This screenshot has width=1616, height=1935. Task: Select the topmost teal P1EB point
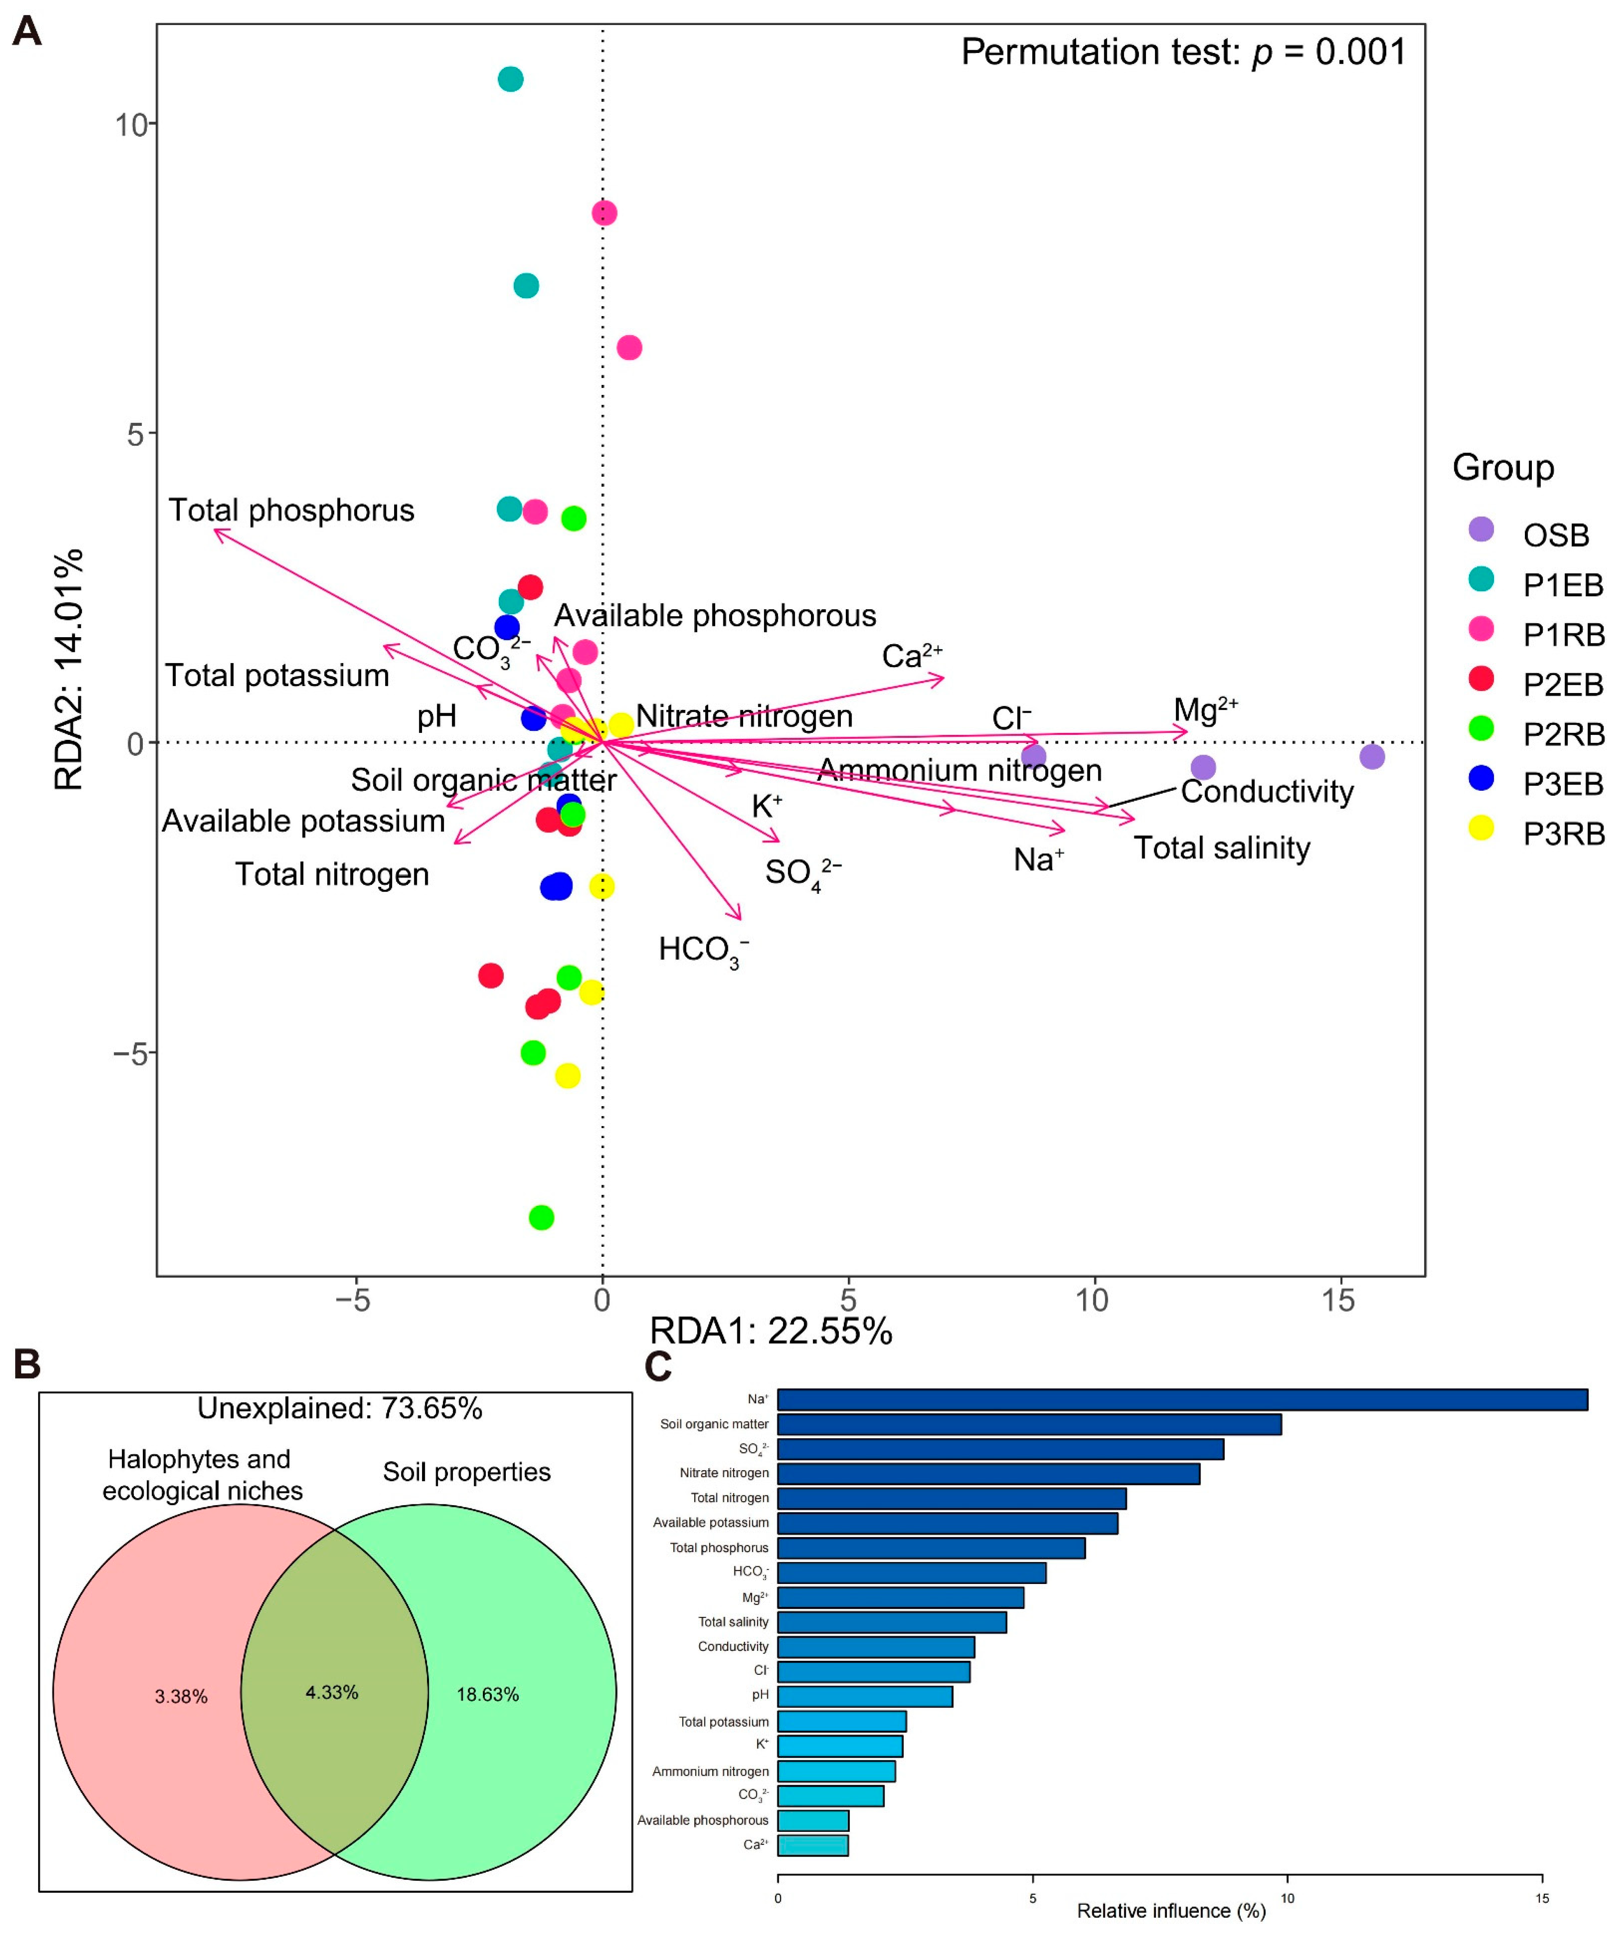pos(510,79)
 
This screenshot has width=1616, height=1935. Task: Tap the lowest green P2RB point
pos(542,1217)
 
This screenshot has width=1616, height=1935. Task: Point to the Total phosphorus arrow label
pos(291,510)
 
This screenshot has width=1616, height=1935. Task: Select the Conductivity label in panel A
pos(1267,792)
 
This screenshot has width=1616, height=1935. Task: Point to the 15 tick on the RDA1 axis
pos(1339,1300)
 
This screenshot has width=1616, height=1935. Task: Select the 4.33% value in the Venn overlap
pos(332,1693)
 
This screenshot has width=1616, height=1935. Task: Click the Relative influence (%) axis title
pos(1171,1911)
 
